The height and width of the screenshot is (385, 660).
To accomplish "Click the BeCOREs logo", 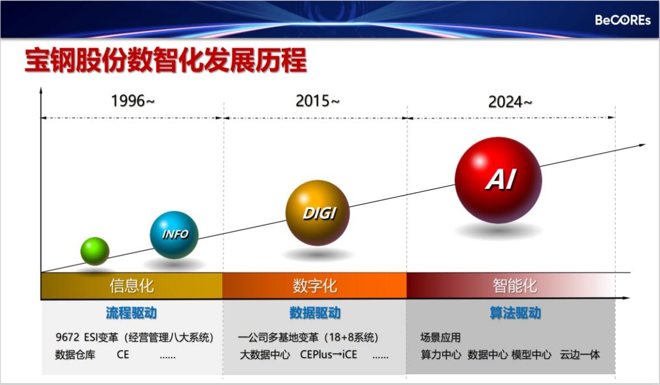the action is coord(622,20).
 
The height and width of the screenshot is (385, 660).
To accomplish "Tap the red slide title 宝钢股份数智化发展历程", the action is coord(166,60).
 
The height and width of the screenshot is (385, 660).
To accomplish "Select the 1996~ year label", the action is coord(133,101).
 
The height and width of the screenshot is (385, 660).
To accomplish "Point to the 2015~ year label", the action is coord(317,101).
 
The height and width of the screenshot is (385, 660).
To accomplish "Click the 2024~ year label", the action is coord(510,102).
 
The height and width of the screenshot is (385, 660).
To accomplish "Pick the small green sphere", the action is coord(95,251).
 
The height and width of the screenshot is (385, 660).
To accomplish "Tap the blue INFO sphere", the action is coord(174,235).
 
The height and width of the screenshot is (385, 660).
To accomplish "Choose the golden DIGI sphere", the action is coord(318,213).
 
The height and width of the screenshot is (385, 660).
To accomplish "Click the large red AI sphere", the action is coord(499,180).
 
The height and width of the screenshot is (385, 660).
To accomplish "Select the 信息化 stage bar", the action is coord(132,286).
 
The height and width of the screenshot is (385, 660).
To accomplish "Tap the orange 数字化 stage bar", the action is coord(314,286).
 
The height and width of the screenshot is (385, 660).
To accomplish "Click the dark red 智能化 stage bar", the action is coord(511,286).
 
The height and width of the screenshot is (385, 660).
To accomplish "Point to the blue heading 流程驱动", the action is coord(131,313).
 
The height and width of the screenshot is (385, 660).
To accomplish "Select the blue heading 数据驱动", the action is coord(315,313).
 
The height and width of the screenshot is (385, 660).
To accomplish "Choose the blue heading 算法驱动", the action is coord(516,313).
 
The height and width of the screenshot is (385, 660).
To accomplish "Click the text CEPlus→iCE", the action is coord(329,355).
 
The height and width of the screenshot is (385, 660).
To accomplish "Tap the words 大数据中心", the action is coord(265,355).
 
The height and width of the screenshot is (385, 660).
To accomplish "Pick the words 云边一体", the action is coord(580,355).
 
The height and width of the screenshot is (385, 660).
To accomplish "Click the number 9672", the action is coord(67,338).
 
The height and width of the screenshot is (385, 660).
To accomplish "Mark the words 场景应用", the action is coord(440,338).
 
